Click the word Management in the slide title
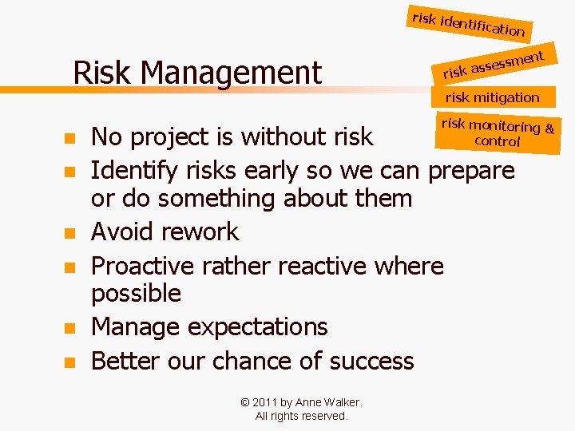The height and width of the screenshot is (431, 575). (x=231, y=73)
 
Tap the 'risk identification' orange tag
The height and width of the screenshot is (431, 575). (x=468, y=25)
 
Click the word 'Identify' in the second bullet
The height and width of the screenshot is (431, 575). (x=135, y=170)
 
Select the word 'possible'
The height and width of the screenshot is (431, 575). (x=136, y=294)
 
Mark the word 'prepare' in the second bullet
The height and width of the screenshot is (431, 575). (x=472, y=170)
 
